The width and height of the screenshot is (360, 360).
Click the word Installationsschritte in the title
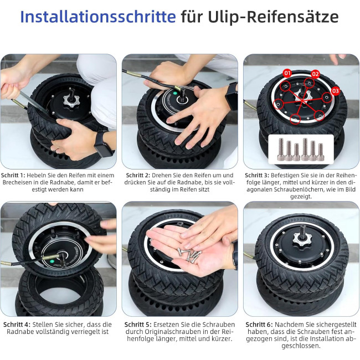[98, 17]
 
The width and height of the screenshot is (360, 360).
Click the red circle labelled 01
[287, 74]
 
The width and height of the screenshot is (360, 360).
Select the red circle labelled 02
[315, 74]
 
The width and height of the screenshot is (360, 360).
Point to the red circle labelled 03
[336, 91]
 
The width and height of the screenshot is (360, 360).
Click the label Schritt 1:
[13, 175]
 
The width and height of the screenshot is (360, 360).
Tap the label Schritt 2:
[138, 175]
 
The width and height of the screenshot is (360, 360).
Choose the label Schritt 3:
[257, 175]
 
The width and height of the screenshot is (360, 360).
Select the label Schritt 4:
[17, 325]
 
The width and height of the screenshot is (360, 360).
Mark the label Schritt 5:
[138, 325]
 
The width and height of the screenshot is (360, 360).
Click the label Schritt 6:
[259, 325]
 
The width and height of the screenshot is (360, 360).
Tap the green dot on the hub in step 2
[176, 94]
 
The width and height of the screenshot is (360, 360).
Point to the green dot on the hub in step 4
[52, 261]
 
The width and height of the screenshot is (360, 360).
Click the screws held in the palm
[189, 255]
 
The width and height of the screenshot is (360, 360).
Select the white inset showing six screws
[301, 149]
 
